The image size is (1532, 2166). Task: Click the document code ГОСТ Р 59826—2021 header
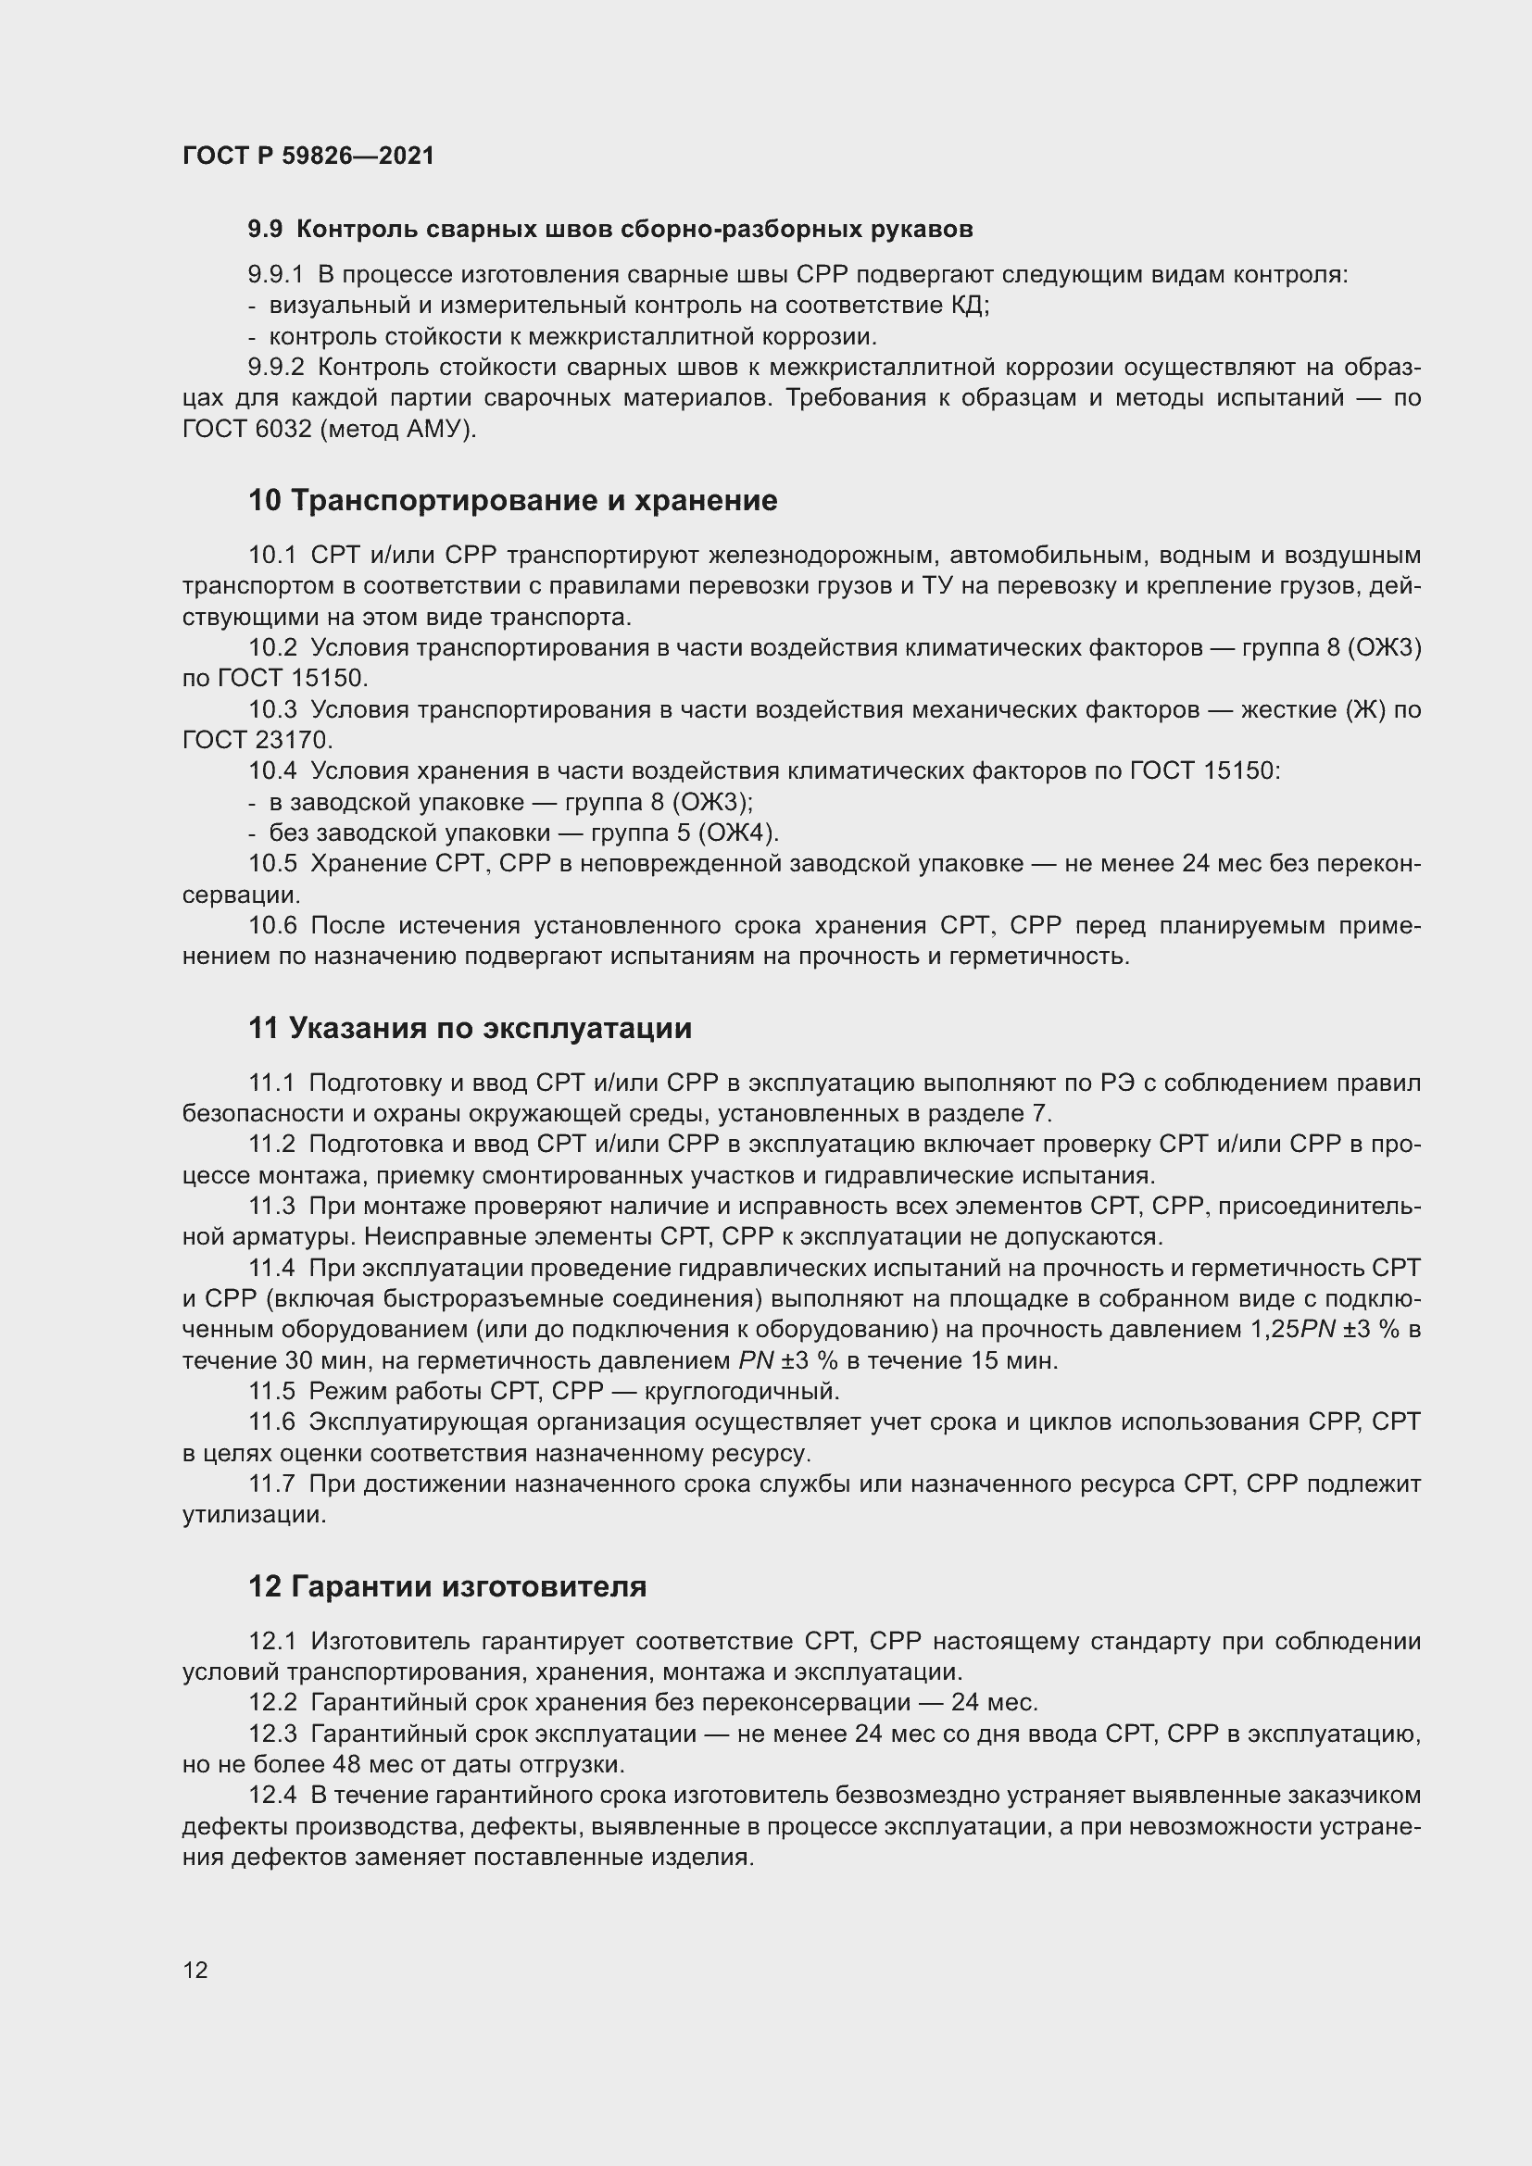click(308, 156)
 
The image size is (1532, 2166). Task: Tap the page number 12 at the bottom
click(195, 1970)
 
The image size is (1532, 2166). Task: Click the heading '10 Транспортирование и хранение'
click(512, 500)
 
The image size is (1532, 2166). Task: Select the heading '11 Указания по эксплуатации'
click(470, 1027)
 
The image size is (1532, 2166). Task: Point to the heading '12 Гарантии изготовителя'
click(447, 1585)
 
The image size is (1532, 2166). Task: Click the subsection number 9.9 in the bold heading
click(265, 230)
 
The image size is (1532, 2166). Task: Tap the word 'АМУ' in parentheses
click(435, 430)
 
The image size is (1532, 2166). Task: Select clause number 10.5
click(272, 864)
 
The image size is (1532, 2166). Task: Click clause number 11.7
click(271, 1484)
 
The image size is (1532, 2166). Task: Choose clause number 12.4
click(272, 1796)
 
